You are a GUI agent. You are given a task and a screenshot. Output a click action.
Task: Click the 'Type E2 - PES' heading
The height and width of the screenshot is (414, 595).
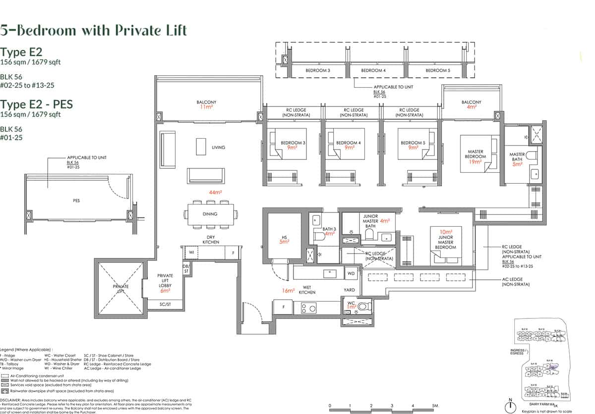click(x=36, y=104)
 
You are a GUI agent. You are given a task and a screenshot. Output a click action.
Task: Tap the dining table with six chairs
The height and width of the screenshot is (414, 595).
click(x=210, y=214)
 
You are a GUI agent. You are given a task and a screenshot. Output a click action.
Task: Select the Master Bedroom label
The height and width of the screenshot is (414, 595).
click(x=476, y=155)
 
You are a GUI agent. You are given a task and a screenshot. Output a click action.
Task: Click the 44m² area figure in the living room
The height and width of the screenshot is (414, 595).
click(x=215, y=192)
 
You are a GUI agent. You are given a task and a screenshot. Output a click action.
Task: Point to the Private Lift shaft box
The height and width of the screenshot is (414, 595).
click(x=120, y=286)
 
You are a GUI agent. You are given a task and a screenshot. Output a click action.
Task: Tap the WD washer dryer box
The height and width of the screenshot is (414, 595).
click(x=351, y=273)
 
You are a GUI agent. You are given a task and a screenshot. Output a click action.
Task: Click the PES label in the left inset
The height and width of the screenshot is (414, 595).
click(x=76, y=201)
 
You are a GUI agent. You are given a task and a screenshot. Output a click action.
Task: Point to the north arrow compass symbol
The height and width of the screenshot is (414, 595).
click(x=509, y=406)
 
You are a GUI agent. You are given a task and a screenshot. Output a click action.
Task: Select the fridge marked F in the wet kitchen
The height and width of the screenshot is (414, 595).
click(x=283, y=307)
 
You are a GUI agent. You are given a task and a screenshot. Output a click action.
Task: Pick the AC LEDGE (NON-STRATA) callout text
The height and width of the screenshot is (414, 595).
click(x=515, y=282)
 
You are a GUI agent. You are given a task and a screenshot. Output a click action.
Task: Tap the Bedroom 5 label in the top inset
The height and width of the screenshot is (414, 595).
click(x=438, y=71)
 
